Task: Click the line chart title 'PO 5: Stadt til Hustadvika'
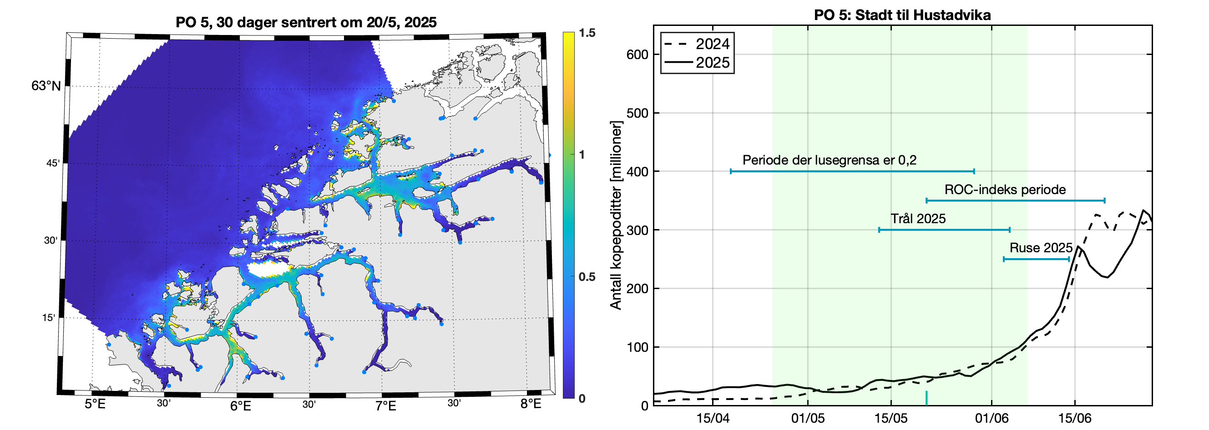pos(902,15)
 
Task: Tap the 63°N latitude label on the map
pos(46,86)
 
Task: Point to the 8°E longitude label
pos(531,404)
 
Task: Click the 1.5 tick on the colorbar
pos(587,33)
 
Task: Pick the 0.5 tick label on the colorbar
pos(587,277)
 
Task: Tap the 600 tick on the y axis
pos(637,55)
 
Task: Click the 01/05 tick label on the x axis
pos(808,418)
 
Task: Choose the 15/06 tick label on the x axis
pos(1075,418)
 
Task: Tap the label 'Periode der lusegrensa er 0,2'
pos(830,160)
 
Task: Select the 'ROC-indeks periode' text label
pos(1005,190)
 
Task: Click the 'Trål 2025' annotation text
pos(918,219)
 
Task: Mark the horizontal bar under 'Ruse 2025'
pos(1036,259)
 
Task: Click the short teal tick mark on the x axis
pos(926,398)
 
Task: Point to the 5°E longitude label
pos(95,404)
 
